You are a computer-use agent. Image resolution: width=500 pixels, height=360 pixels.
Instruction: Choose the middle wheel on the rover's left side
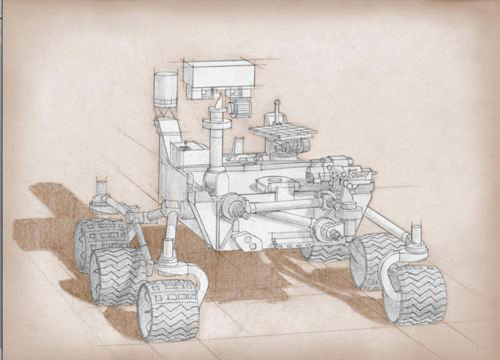[114, 276]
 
